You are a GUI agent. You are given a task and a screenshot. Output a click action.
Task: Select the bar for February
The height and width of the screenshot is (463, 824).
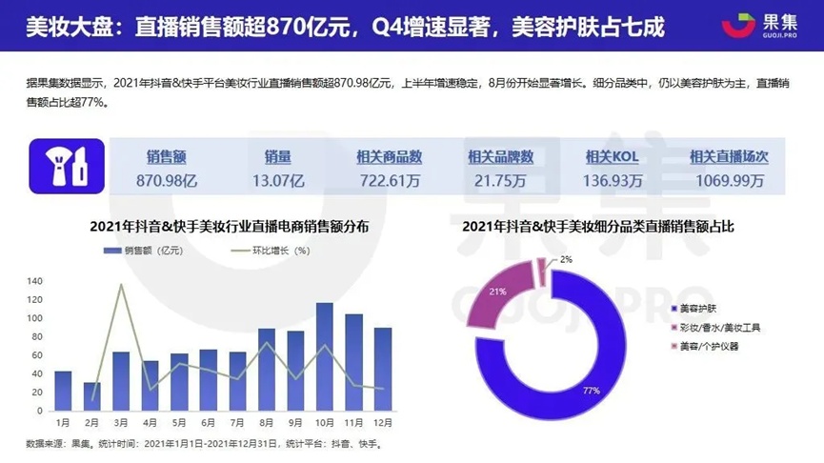coord(91,395)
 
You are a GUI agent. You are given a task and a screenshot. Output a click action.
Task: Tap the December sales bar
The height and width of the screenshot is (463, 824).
coord(382,369)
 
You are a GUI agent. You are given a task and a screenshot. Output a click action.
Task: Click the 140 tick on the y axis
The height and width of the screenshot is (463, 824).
coord(35,281)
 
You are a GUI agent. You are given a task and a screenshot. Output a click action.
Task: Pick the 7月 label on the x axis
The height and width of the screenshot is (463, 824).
coord(237,422)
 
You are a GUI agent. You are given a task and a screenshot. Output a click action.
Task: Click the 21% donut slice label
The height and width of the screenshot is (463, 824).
coord(495,291)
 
